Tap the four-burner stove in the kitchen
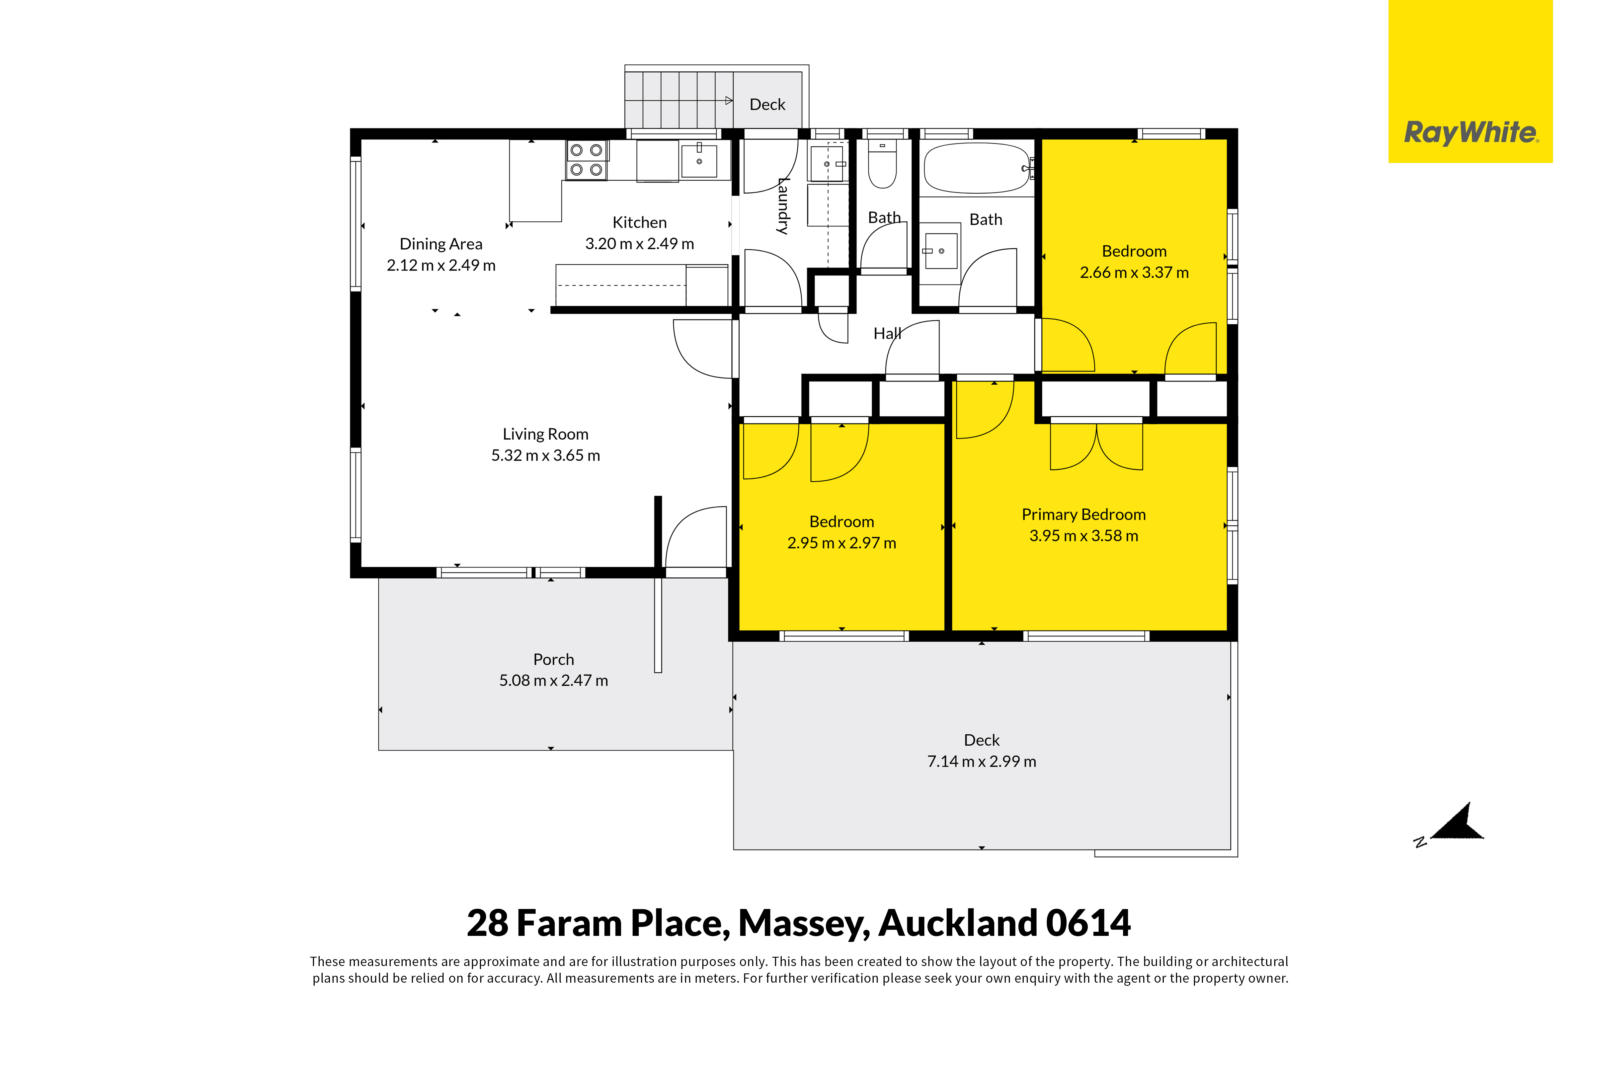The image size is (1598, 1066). click(x=586, y=160)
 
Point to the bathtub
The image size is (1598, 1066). click(x=977, y=167)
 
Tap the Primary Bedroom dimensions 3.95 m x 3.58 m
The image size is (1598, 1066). click(x=1083, y=536)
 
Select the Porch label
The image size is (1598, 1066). click(x=553, y=659)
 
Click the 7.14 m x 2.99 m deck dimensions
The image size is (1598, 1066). click(x=982, y=762)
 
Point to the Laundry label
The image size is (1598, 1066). click(x=783, y=206)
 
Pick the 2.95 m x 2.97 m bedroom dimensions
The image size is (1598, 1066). click(x=841, y=543)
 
